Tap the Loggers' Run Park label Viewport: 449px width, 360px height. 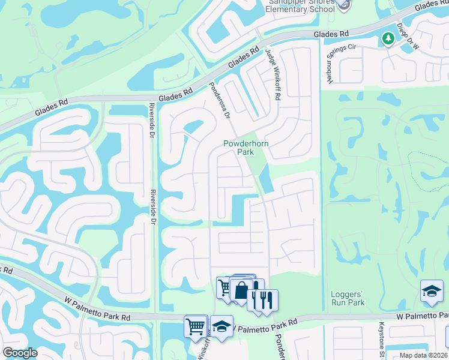[348, 298]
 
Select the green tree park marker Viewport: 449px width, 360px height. [388, 39]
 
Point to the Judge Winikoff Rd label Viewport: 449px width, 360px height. [273, 75]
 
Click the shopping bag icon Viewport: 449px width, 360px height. [241, 291]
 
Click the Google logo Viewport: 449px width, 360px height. [20, 352]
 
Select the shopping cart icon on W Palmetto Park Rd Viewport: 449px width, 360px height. [196, 327]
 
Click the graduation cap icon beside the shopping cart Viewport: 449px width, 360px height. [221, 327]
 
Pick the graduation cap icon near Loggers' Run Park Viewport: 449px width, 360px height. [432, 291]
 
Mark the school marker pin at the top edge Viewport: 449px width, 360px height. [343, 5]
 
